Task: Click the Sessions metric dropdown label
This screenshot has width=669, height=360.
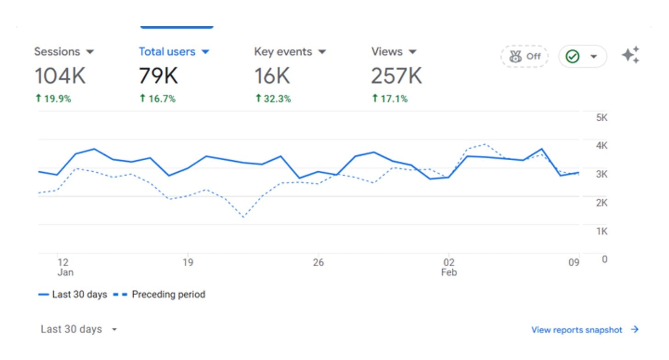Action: pos(63,52)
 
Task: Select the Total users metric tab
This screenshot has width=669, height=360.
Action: pos(174,52)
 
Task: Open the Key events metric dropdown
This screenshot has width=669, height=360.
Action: pos(290,52)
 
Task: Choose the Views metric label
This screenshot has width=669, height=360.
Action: pos(394,52)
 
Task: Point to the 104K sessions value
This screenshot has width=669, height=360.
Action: pos(60,76)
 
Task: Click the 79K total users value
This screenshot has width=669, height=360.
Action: pos(158,76)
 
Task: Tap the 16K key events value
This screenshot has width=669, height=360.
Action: pos(272,76)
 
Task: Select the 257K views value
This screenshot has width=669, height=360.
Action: pos(396,76)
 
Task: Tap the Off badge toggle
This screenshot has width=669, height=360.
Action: pos(524,56)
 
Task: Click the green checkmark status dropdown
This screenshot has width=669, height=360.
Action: pos(582,56)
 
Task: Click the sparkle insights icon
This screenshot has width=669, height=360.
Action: pos(630,55)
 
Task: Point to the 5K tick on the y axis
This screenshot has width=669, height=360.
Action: pos(601,118)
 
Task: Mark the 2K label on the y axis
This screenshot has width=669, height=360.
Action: pos(601,202)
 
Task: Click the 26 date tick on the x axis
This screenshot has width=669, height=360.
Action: pos(318,263)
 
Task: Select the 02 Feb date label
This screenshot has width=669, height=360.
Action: pos(449,267)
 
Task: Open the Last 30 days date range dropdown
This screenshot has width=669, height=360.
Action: pos(79,329)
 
